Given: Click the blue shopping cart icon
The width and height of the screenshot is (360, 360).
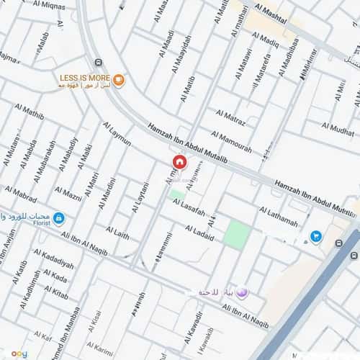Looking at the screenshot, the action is (x=315, y=235).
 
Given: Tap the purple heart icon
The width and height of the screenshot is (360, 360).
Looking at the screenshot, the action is (x=242, y=292).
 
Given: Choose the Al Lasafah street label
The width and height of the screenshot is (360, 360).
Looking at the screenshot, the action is (x=189, y=208).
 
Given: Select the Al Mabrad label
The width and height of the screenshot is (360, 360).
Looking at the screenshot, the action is (x=21, y=195).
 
